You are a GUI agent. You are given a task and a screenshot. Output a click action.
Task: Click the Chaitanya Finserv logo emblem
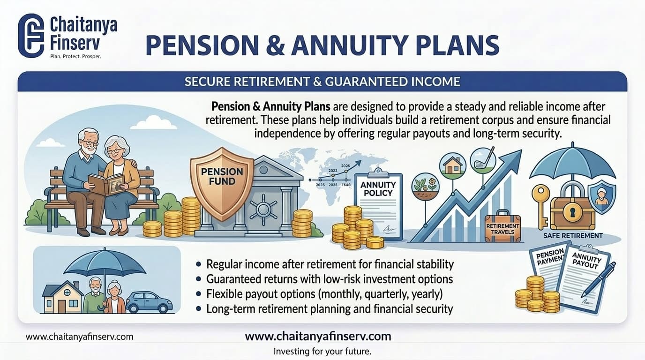point(31,36)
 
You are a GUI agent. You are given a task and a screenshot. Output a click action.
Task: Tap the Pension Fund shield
point(222,183)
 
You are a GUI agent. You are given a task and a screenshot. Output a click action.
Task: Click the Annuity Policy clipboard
point(378,204)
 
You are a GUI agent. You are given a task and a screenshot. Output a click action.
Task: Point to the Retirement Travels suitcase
point(503,228)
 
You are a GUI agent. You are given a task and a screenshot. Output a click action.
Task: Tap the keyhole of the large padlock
point(571,213)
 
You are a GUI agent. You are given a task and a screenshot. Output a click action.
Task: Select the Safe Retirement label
point(573,235)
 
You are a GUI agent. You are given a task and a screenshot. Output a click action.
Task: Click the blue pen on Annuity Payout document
point(598,279)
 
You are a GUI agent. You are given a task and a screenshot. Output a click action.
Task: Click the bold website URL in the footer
point(318,336)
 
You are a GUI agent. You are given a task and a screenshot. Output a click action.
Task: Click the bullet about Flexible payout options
point(324,294)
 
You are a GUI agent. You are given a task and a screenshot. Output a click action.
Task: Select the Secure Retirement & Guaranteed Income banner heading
point(322,82)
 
